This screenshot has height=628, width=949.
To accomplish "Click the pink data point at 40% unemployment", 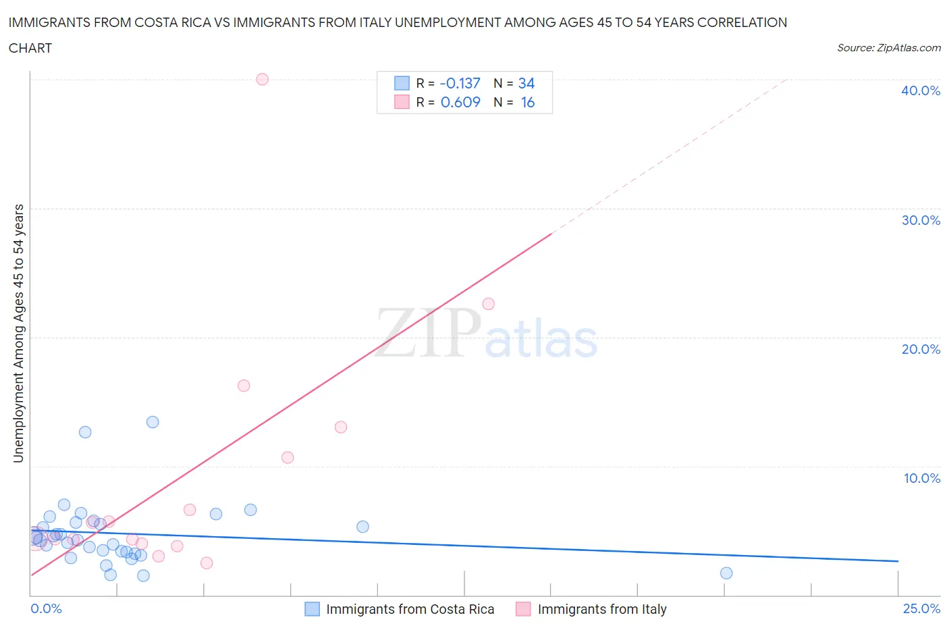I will pos(263,79).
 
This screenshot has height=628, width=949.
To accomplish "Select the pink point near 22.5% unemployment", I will pos(489,304).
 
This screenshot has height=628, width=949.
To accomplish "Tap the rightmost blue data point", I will pos(726,573).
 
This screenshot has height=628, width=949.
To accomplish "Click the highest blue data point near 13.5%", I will pos(153,422).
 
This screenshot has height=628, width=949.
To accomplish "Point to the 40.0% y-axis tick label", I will pos(921,90).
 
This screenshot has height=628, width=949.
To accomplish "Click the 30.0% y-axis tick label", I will pos(921,220).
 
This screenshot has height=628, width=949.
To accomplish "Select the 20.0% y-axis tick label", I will pos(921,349).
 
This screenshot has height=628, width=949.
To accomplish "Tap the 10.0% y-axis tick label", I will pos(921,478).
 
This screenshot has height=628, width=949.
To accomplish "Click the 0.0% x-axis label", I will pos(46,608).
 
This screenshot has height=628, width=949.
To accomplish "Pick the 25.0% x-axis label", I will pos(921,608).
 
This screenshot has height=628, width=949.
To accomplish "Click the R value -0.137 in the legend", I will pos(460,83).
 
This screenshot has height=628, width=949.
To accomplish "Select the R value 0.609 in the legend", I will pos(460,102).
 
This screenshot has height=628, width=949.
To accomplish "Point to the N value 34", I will pos(526,83).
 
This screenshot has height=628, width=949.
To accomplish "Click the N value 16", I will pos(527,102).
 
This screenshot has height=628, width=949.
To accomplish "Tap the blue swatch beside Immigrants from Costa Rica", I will pos(312,609).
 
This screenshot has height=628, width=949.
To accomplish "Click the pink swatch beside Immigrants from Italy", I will pos(523,609).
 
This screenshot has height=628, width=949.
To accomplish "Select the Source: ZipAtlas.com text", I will pos(889,47).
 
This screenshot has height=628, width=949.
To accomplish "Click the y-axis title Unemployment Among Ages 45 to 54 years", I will pos(18,333).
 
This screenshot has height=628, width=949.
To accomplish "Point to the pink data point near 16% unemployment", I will pos(244,386).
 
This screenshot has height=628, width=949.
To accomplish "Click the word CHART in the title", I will pos(30,48).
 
